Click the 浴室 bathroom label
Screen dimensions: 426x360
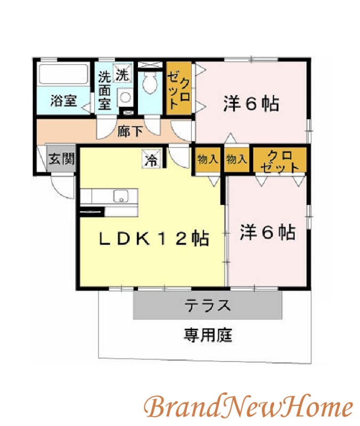pos(63,101)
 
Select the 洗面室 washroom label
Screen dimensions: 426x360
pos(104,90)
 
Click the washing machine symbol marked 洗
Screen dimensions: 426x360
pos(123,75)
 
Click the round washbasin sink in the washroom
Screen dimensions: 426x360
pos(125,98)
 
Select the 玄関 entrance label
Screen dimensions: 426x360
pos(61,159)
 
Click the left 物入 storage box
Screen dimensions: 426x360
pos(207,159)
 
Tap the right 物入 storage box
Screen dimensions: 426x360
pos(236,159)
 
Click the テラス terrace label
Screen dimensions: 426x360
pos(208,306)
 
